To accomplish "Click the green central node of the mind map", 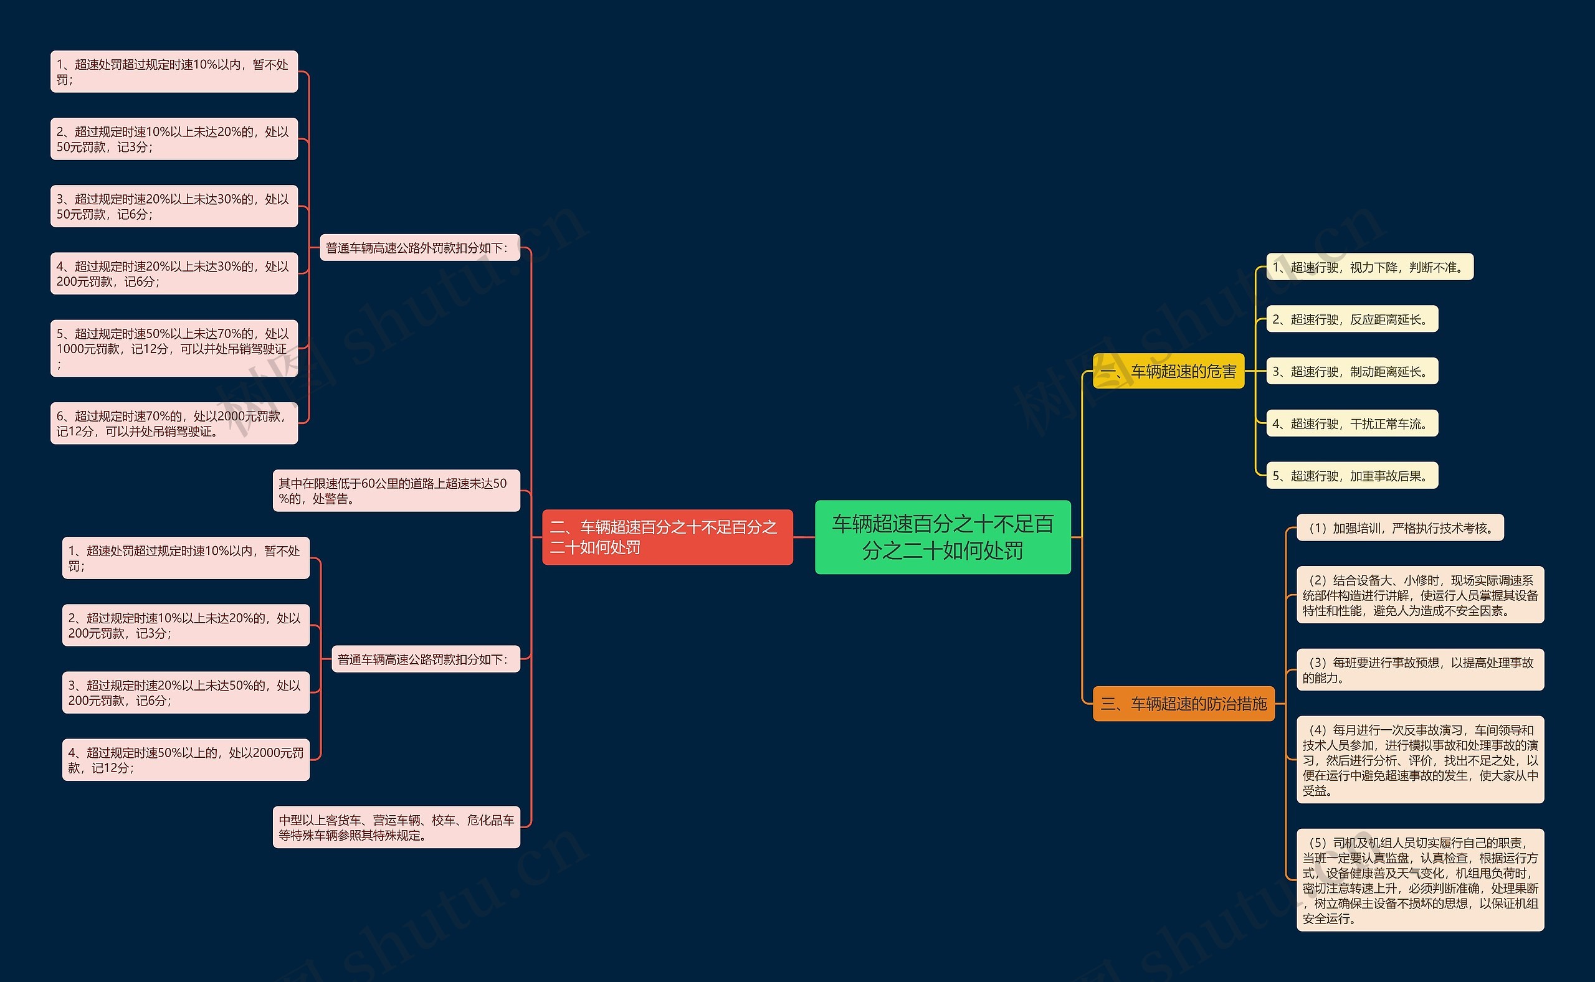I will [x=942, y=537].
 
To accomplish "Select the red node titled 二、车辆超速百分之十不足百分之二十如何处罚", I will [x=667, y=537].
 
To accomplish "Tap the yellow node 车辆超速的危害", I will [x=1168, y=371].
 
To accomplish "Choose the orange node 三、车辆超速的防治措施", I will [x=1183, y=704].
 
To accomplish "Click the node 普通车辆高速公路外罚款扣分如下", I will [x=420, y=247].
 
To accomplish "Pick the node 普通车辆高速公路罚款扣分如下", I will [x=426, y=659].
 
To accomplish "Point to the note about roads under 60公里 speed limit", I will [x=396, y=491].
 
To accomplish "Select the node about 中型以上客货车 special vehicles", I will [x=396, y=827].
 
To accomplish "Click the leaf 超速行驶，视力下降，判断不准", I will [x=1369, y=267].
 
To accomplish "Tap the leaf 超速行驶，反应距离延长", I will [x=1352, y=319].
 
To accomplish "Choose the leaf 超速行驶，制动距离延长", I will [x=1352, y=372].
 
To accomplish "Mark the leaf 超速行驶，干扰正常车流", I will [x=1352, y=423].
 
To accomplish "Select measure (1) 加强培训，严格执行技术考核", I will [x=1400, y=528].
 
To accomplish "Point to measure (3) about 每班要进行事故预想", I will [x=1419, y=669].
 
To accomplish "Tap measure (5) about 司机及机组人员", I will [x=1419, y=880].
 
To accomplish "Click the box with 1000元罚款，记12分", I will [x=174, y=349].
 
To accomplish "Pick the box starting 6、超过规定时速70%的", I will [x=174, y=423].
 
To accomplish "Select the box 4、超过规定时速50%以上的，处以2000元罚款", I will [x=186, y=760].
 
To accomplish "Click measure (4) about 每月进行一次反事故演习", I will [x=1419, y=760].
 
